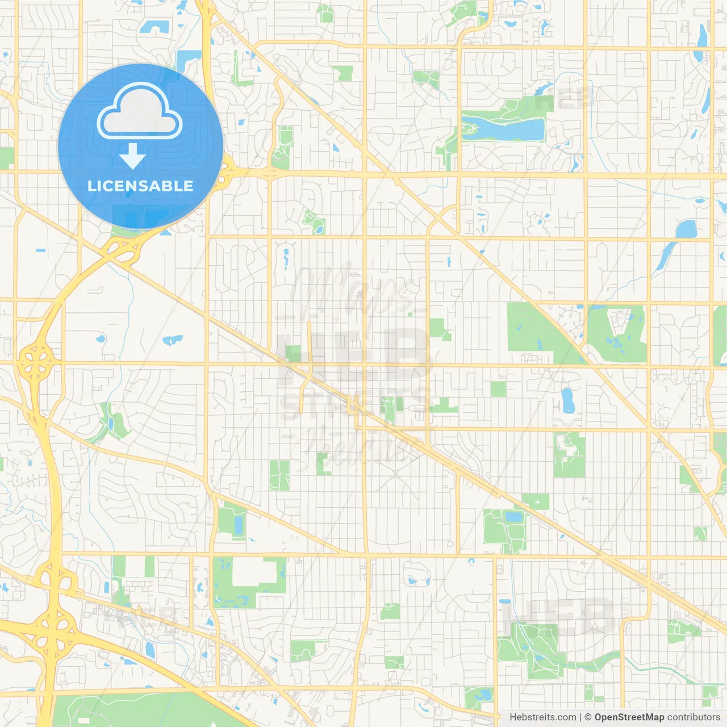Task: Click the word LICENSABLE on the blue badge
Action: point(140,186)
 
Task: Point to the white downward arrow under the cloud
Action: point(133,156)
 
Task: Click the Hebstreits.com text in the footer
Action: point(543,717)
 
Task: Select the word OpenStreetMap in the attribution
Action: point(629,717)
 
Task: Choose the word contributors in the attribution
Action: point(693,717)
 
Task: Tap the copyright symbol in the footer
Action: point(588,717)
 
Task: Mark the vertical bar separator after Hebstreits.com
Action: point(580,717)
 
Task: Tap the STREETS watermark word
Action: point(355,404)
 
